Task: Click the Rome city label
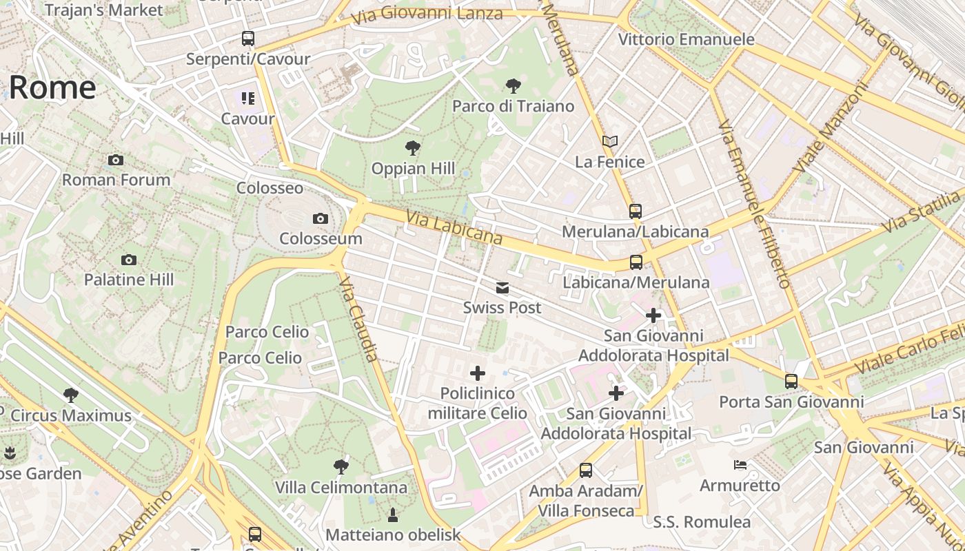[x=52, y=87]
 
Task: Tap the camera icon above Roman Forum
[x=116, y=160]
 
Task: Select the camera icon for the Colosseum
[x=321, y=219]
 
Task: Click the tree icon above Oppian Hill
[x=413, y=147]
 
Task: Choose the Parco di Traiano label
[x=513, y=106]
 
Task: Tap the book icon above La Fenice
[x=610, y=141]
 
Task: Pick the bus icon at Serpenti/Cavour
[x=248, y=39]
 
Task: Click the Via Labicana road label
[x=454, y=227]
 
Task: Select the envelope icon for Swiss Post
[x=502, y=288]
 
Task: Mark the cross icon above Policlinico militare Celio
[x=477, y=373]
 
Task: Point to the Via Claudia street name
[x=359, y=319]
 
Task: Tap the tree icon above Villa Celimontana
[x=341, y=467]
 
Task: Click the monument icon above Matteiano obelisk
[x=393, y=514]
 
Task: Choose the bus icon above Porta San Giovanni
[x=791, y=381]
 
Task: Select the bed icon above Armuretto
[x=740, y=465]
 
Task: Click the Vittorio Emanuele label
[x=686, y=39]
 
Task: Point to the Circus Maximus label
[x=71, y=415]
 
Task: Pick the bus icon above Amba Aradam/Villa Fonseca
[x=586, y=470]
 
